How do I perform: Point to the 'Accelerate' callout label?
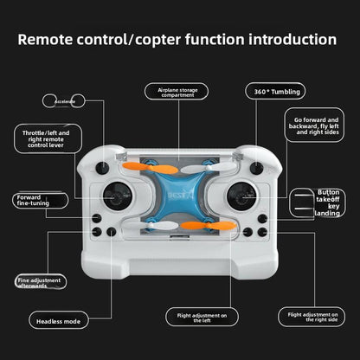65,101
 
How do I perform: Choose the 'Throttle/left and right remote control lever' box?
52,138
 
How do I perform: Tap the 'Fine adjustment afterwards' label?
41,282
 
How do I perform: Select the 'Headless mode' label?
61,321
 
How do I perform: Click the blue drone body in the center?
180,195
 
